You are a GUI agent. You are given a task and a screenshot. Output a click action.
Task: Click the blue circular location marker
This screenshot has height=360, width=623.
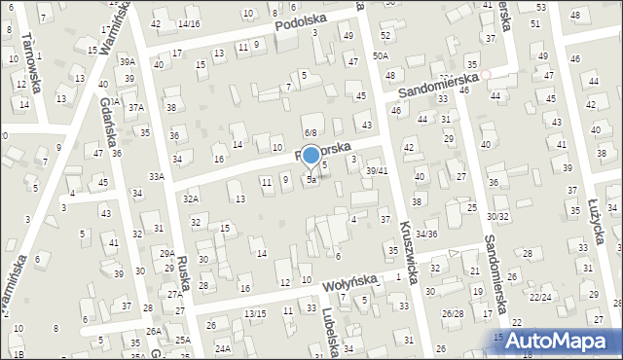click(311, 154)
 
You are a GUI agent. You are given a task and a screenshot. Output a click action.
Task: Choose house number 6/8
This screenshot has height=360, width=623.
click(311, 132)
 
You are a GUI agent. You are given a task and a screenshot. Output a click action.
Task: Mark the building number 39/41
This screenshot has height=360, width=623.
click(377, 170)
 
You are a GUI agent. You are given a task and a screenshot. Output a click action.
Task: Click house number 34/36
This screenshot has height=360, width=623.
click(426, 234)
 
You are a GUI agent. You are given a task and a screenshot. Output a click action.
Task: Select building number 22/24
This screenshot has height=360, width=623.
click(540, 297)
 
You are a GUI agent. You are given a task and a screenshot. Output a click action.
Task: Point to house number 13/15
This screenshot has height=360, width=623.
click(255, 313)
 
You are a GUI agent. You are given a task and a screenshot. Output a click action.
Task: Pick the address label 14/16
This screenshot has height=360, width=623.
click(189, 23)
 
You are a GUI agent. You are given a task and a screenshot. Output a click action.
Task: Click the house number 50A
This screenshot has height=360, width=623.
click(381, 57)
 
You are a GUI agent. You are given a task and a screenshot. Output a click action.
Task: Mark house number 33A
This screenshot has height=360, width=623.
click(156, 176)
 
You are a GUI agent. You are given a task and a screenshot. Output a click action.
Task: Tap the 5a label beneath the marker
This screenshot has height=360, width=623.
click(311, 179)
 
